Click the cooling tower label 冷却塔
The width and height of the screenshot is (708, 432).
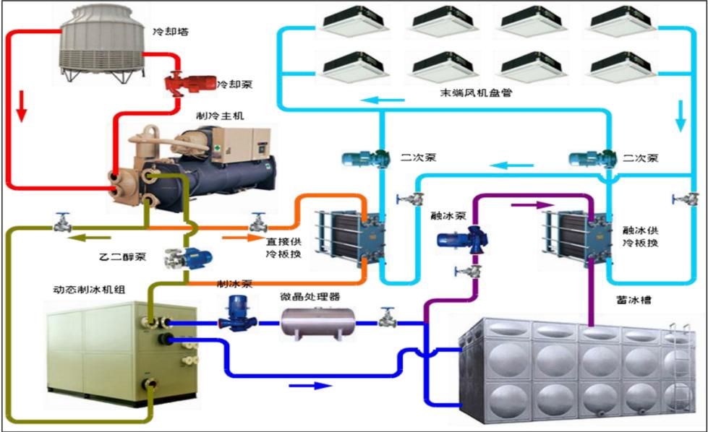[167, 32]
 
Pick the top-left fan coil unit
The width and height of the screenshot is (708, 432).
[351, 21]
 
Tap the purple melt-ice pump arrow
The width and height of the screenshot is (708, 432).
[526, 204]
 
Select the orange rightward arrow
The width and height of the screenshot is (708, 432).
[232, 236]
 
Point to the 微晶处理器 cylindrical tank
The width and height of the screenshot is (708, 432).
[316, 322]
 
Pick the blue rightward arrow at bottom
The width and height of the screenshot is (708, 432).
[304, 385]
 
